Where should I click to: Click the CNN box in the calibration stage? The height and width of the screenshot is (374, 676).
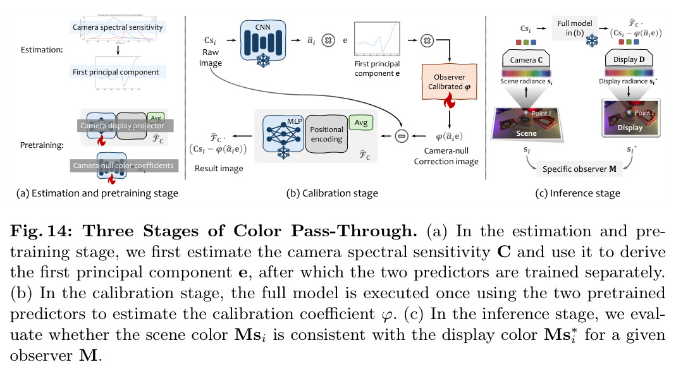point(263,40)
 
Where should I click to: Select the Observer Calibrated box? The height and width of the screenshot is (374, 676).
point(449,81)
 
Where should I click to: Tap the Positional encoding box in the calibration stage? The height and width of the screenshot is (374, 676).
point(326,134)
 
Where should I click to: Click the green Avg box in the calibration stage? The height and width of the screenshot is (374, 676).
point(360,123)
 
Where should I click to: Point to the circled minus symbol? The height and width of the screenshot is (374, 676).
point(402,136)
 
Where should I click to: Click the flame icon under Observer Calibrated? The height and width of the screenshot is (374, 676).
point(449,101)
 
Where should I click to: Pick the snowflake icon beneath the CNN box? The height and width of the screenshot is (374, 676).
point(263,60)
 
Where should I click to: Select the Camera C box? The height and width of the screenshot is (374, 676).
point(526,59)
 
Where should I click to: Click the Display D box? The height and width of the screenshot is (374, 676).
point(629,59)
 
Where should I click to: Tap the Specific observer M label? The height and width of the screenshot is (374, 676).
point(579,169)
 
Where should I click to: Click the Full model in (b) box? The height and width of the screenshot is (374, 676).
point(575,28)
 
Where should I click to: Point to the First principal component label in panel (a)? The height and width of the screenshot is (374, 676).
point(116,72)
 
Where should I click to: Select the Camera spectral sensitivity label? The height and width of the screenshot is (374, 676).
point(118,27)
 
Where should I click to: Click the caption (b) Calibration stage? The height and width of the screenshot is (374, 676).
point(332,193)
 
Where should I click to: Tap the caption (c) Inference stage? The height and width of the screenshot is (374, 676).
point(578,193)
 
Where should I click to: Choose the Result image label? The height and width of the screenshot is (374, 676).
point(219,169)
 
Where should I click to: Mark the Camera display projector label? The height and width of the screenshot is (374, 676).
point(123,126)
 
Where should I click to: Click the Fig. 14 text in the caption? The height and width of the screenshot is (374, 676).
point(41,231)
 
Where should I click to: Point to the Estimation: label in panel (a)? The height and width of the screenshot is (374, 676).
point(42,49)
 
